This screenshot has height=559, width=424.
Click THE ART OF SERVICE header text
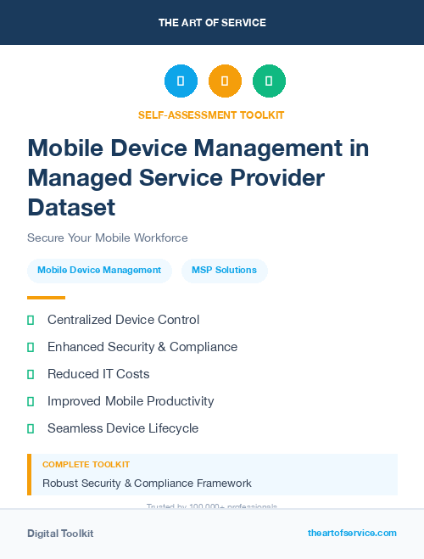click(x=212, y=23)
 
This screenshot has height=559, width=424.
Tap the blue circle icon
click(x=181, y=81)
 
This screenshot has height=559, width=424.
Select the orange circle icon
click(x=225, y=81)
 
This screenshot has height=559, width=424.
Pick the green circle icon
click(x=269, y=81)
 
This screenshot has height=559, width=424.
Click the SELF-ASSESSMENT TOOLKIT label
click(x=211, y=115)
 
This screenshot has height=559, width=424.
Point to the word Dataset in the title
click(x=71, y=207)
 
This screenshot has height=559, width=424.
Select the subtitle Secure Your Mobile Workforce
click(x=107, y=238)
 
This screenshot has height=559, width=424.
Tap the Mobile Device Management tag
click(x=99, y=271)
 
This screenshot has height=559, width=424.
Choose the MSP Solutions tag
click(x=224, y=271)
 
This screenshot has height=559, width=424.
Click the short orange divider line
click(x=46, y=298)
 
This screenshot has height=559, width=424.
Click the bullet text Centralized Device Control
click(x=123, y=320)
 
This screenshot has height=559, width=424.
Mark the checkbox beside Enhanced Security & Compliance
click(x=31, y=347)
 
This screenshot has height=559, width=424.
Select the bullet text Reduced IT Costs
click(x=98, y=374)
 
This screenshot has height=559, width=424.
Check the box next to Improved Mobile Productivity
click(x=31, y=401)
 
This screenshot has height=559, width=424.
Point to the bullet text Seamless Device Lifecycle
click(x=123, y=428)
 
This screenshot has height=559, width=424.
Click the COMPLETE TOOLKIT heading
click(x=86, y=465)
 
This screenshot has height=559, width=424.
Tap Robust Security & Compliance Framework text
click(x=147, y=484)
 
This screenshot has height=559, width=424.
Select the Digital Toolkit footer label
click(x=60, y=534)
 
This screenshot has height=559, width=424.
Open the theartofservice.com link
click(x=352, y=533)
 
